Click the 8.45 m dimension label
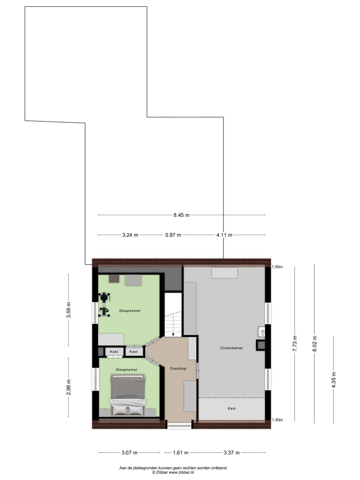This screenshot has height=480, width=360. [x=181, y=215]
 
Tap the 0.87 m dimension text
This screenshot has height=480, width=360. [x=173, y=235]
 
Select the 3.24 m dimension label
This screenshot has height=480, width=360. [x=130, y=235]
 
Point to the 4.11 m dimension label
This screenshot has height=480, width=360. [x=224, y=235]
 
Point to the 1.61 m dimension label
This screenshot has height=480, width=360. [x=181, y=453]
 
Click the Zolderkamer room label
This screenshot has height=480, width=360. [x=232, y=348]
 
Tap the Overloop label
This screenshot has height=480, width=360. [x=178, y=368]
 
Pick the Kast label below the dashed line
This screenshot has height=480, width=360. [x=232, y=408]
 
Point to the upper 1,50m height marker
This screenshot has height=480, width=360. [x=277, y=267]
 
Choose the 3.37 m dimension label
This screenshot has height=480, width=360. [x=232, y=453]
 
